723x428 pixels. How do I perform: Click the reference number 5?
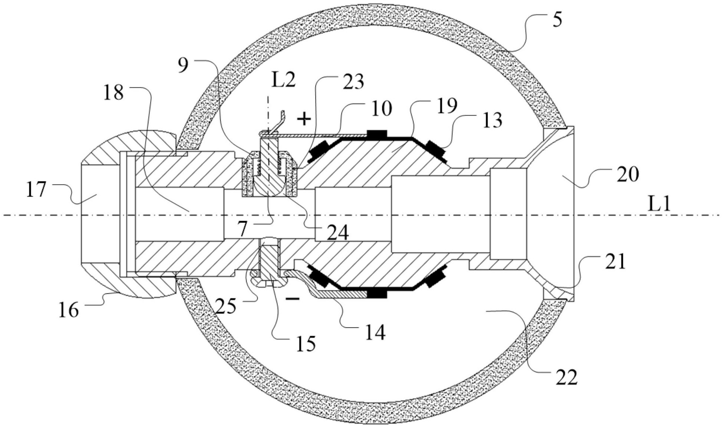click(557, 19)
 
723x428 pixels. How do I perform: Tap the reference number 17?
click(36, 190)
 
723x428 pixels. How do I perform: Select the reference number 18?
click(113, 93)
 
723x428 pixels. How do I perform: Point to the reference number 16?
click(69, 310)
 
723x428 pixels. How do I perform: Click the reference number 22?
click(567, 378)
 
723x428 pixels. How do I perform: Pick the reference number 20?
click(628, 174)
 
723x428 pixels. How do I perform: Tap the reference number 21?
click(615, 261)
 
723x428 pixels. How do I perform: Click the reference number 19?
click(446, 106)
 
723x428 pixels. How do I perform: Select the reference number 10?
click(382, 109)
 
